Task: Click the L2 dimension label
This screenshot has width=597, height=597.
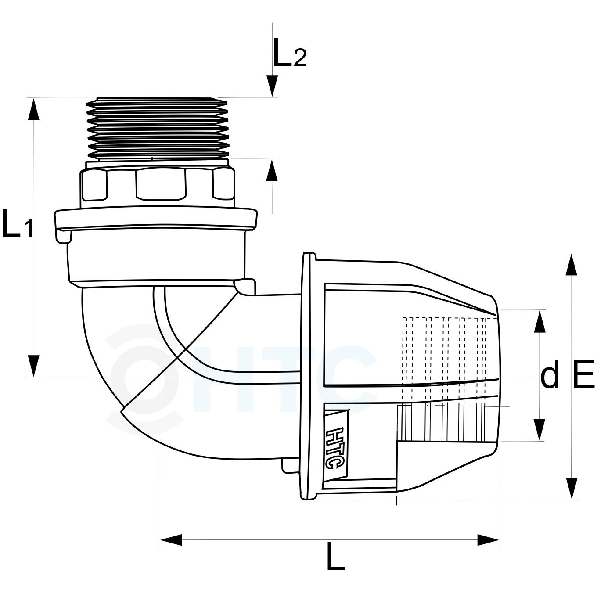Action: [x=290, y=53]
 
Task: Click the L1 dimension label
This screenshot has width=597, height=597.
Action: [x=18, y=223]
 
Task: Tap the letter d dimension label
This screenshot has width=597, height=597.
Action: [x=550, y=374]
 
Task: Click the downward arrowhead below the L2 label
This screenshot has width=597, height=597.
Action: [x=272, y=86]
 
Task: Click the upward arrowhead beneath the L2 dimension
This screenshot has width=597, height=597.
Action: [x=272, y=170]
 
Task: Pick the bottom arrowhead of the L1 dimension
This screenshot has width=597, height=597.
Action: [x=33, y=366]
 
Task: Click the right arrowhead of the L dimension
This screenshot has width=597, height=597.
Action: [x=488, y=540]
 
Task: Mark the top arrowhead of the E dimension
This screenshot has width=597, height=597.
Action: [x=571, y=265]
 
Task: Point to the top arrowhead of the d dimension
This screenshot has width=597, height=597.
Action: [x=539, y=322]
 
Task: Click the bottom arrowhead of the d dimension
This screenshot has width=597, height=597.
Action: [x=539, y=430]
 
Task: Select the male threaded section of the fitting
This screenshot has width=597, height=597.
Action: [x=158, y=129]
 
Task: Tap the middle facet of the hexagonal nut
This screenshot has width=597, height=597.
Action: [x=161, y=184]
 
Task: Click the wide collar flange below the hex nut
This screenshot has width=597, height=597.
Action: [x=156, y=220]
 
